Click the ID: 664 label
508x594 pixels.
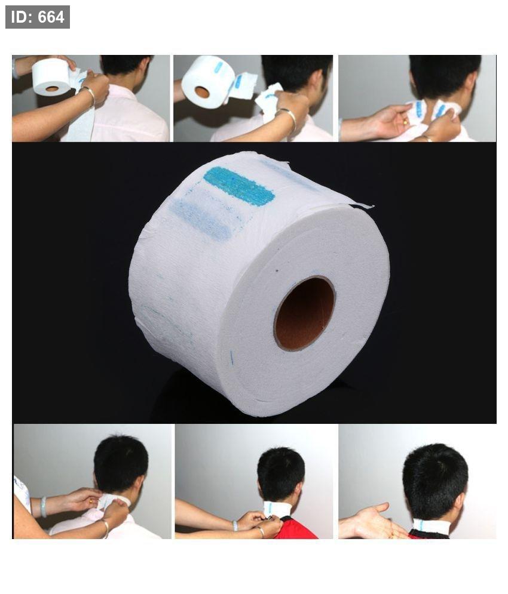click(38, 17)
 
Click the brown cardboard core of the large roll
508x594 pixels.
click(305, 313)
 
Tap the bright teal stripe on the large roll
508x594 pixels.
click(239, 186)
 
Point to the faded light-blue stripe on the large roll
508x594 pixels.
click(201, 219)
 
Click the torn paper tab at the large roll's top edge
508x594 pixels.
click(361, 206)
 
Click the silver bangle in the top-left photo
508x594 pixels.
click(89, 95)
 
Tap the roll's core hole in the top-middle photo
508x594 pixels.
click(203, 92)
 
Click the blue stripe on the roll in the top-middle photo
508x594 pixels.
click(219, 67)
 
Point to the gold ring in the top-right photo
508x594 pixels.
click(405, 121)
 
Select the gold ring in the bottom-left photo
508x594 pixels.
click(91, 501)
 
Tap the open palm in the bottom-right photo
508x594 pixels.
click(370, 523)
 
